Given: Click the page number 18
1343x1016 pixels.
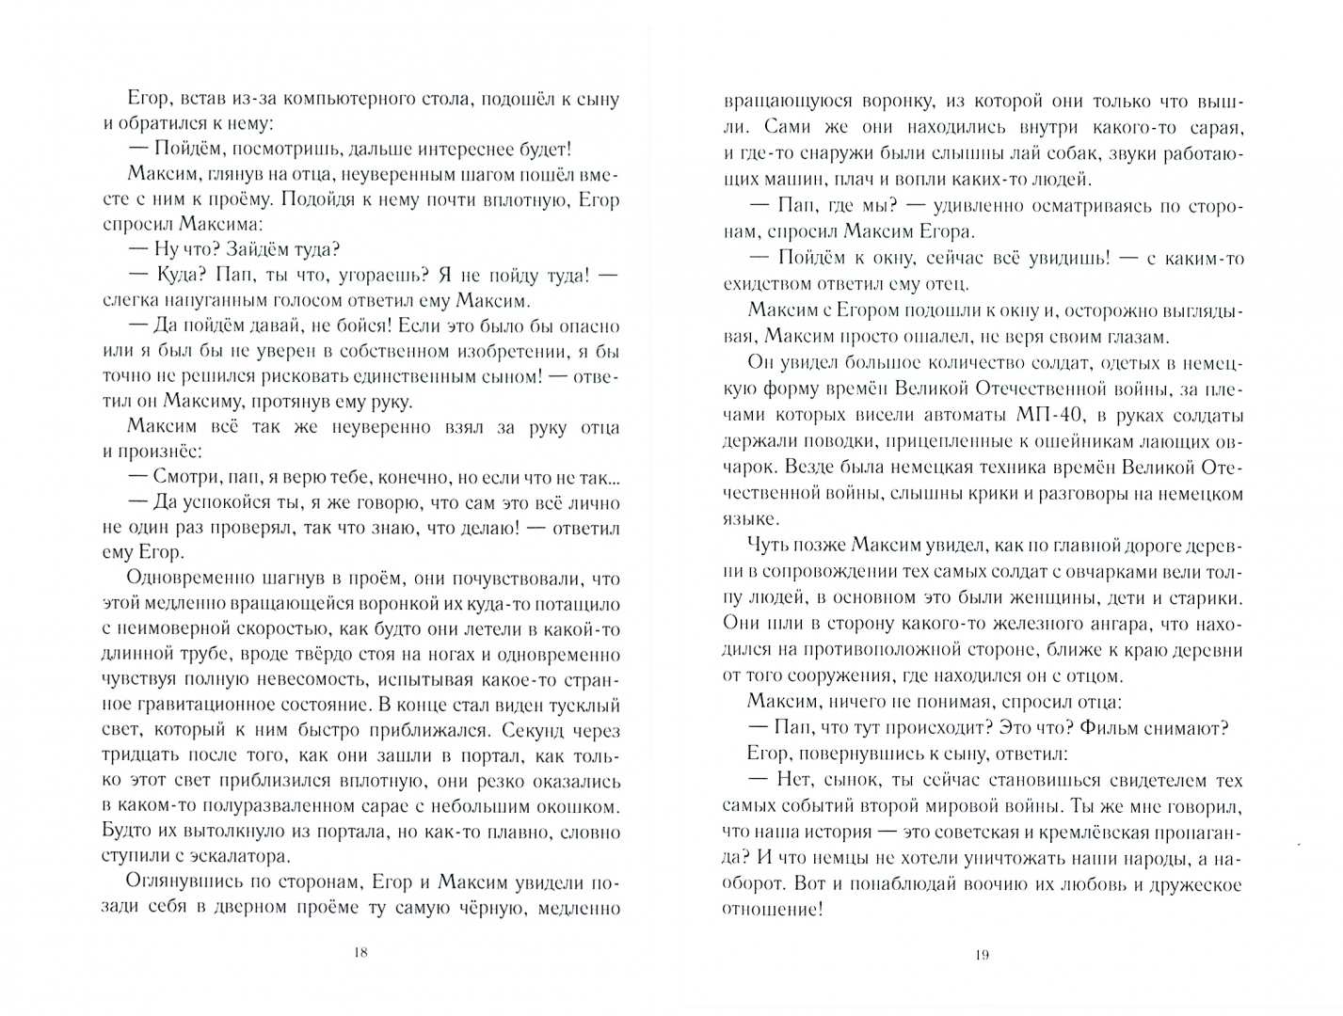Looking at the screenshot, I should [x=360, y=952].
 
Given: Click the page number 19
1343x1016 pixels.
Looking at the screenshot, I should [x=983, y=955].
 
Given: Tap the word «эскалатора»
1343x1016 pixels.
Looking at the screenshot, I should [x=233, y=856].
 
